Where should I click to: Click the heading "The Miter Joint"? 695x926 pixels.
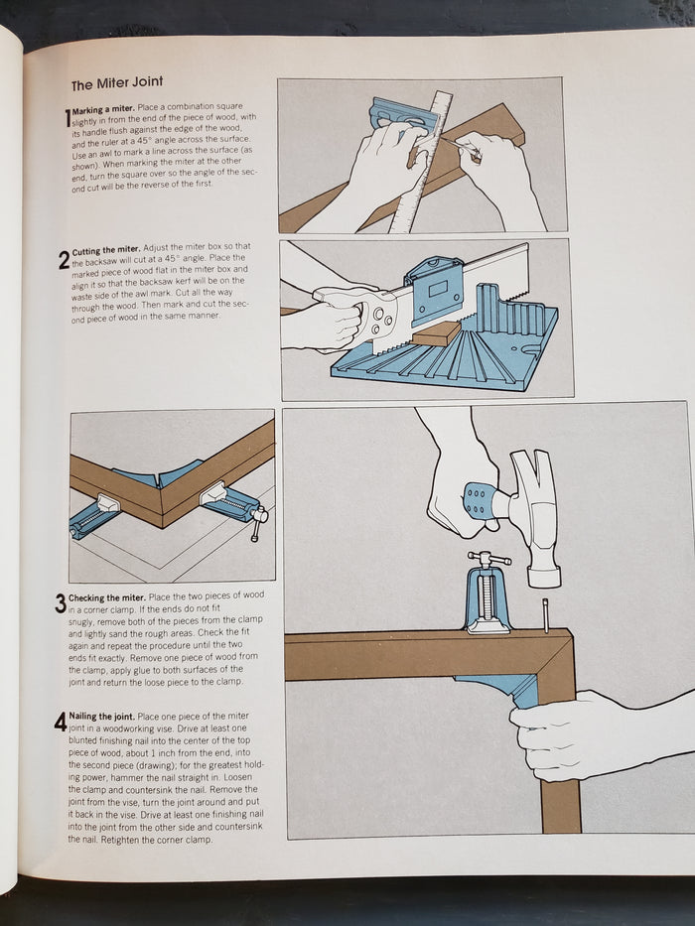tap(117, 83)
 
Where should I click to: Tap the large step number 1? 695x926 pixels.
tap(68, 116)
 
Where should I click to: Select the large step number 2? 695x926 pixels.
tap(65, 260)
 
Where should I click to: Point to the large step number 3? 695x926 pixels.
tap(61, 603)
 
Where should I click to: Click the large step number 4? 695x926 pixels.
tap(61, 722)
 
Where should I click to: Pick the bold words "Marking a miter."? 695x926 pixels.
tap(103, 108)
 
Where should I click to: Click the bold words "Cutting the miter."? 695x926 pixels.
tap(106, 250)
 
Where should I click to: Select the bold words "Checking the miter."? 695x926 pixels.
tap(107, 597)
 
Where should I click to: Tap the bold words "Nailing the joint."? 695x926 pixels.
tap(102, 716)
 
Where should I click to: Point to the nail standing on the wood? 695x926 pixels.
tap(546, 614)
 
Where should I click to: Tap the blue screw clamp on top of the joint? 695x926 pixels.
tap(486, 594)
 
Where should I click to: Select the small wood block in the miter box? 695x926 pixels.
tap(436, 334)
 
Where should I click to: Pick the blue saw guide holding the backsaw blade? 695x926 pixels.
tap(435, 290)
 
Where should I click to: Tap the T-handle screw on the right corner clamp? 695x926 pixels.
tap(258, 522)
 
